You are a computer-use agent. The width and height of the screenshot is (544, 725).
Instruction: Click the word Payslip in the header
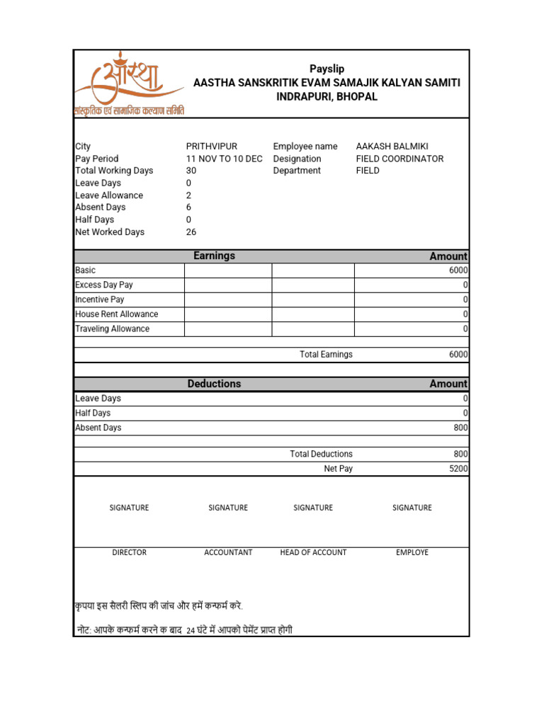327,69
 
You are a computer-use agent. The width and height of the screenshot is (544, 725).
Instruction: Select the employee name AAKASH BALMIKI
392,147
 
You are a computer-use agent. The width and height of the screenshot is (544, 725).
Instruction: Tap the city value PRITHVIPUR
211,147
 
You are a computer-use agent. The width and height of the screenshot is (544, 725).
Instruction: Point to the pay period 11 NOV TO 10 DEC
224,159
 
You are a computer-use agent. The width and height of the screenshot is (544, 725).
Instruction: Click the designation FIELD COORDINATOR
399,159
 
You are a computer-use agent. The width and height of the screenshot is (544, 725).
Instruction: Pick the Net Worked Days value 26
191,232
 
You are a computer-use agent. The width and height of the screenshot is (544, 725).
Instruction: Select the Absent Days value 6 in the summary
189,207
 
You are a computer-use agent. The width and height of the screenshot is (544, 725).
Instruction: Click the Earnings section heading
214,256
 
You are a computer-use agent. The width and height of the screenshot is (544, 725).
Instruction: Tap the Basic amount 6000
458,270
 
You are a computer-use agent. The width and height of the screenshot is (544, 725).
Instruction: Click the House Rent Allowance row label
117,314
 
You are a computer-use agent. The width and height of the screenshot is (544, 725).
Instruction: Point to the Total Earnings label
326,355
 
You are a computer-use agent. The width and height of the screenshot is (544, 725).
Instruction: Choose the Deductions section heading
214,384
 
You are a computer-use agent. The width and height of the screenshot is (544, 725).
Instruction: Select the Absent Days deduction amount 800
460,428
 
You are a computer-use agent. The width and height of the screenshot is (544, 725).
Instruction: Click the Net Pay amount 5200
458,469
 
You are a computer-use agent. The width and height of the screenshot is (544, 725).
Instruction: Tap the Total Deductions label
321,454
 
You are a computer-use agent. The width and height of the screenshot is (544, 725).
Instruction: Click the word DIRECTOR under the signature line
129,552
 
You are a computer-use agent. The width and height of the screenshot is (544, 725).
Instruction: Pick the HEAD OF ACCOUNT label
313,552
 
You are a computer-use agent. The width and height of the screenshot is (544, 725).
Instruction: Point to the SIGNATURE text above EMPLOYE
412,508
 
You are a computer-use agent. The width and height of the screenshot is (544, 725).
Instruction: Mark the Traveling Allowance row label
113,329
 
